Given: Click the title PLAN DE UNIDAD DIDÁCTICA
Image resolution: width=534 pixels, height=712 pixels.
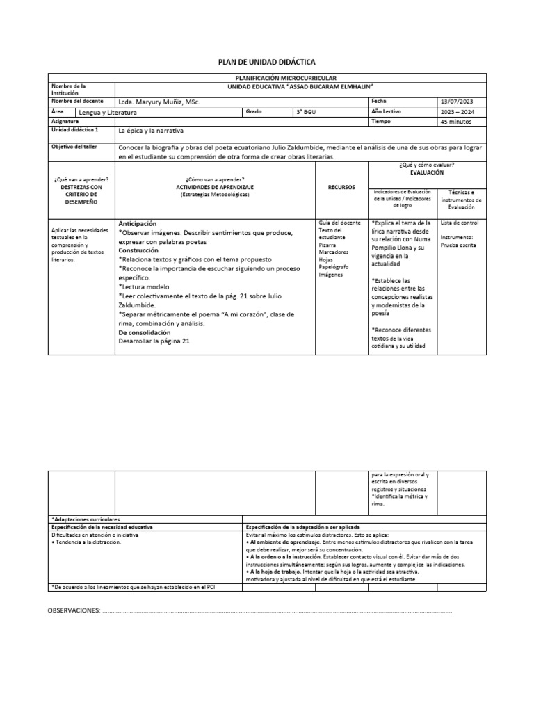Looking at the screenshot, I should (x=267, y=63).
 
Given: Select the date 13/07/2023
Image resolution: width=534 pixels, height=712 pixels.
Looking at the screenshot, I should (x=456, y=102).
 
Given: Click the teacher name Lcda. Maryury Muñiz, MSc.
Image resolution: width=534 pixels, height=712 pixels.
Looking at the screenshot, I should (x=159, y=102).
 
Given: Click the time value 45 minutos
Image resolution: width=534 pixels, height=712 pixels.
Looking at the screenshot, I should (x=456, y=121).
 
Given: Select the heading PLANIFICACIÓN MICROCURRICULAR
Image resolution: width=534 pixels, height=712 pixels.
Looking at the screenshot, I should (x=286, y=79).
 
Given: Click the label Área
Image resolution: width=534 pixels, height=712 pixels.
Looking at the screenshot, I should (x=58, y=111).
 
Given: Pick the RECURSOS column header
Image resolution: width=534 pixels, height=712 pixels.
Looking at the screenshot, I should (x=341, y=187).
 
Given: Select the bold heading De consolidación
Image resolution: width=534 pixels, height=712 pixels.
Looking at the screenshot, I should (x=145, y=332).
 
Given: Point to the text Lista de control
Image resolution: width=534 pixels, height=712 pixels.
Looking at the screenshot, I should (x=460, y=222).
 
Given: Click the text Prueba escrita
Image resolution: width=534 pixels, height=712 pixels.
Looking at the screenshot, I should (x=458, y=245).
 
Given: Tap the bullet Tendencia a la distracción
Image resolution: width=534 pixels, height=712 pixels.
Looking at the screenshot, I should (x=88, y=542).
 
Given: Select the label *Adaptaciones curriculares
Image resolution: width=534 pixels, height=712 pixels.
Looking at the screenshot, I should (x=86, y=519).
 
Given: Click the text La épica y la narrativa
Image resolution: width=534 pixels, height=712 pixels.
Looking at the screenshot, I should (x=151, y=131).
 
